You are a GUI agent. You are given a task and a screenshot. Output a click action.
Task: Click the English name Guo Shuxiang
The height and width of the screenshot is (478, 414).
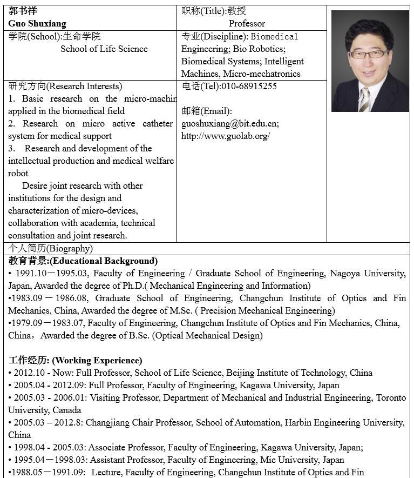37,24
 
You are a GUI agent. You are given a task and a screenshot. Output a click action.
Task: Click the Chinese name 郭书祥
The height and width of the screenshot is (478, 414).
23,11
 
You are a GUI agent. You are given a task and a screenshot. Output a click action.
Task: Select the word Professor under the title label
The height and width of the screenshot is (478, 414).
247,24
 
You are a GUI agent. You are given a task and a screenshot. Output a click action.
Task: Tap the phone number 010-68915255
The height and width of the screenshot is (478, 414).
247,87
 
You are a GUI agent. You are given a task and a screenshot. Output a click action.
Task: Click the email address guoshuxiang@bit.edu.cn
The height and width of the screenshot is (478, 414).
229,124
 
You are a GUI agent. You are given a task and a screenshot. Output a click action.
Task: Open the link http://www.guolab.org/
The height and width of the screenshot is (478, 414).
226,136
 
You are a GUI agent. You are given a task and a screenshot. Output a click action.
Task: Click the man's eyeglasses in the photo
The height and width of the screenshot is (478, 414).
369,54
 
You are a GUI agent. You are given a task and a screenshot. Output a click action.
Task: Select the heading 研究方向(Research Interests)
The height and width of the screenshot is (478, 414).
65,87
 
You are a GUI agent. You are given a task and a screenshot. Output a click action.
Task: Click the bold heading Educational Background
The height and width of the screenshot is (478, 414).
104,261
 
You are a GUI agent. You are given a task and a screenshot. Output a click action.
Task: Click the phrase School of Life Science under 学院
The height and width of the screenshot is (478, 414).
104,49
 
